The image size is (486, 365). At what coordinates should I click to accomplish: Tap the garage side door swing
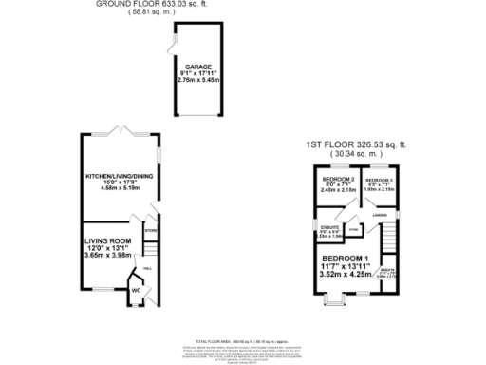pos(172,47)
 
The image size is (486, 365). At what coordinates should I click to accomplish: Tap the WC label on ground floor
pos(136,290)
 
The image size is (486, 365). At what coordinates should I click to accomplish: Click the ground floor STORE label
pos(150,230)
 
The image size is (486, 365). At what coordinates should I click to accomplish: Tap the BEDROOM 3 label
pos(379,180)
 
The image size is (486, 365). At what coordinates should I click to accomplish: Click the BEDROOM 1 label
pos(346,258)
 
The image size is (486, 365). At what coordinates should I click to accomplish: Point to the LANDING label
pos(380,215)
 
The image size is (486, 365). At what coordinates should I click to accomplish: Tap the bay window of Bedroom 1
pos(332,304)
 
